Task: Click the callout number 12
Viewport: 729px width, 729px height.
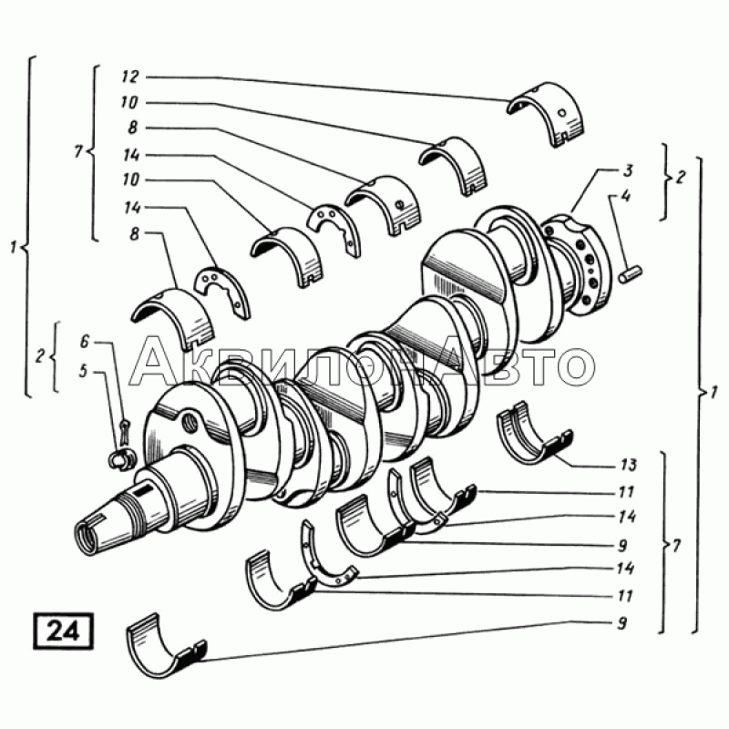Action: (130, 77)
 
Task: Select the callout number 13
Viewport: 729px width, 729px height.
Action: (628, 465)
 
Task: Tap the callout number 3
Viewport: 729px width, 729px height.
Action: (628, 170)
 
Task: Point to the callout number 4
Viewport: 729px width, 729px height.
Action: (626, 196)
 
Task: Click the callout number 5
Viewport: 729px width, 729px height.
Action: (83, 372)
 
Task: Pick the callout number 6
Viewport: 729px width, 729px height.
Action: (84, 342)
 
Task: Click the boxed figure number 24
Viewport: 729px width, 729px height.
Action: (63, 631)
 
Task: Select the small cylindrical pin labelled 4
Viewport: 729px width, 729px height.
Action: (631, 273)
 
